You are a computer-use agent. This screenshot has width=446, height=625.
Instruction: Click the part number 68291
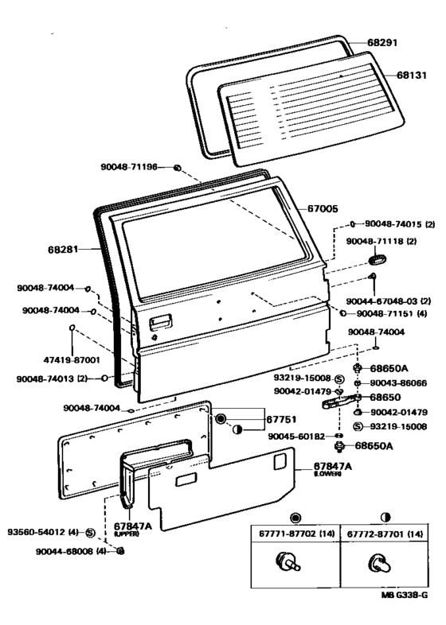[x=382, y=42]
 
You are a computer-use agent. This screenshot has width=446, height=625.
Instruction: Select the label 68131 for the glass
[x=411, y=75]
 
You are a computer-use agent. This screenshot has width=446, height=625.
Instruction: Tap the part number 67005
[x=323, y=208]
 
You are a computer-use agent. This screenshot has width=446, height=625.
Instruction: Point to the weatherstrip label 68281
[x=63, y=250]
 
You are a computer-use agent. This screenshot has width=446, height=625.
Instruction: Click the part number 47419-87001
[x=72, y=360]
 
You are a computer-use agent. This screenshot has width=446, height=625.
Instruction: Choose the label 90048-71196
[x=129, y=167]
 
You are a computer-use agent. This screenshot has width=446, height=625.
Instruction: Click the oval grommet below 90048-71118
[x=377, y=259]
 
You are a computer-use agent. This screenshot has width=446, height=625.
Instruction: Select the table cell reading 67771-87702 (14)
[x=296, y=534]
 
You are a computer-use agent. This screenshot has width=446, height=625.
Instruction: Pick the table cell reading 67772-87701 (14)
[x=385, y=534]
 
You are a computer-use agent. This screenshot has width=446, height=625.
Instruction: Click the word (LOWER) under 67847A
[x=327, y=474]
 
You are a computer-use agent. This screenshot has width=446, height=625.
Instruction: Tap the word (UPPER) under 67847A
[x=127, y=534]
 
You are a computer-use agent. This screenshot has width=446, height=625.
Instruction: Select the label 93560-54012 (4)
[x=43, y=532]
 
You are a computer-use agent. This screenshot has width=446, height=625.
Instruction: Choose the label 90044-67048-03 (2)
[x=389, y=301]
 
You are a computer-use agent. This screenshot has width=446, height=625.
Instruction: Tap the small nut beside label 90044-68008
[x=119, y=551]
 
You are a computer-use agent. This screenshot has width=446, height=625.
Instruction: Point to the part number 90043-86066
[x=398, y=383]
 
